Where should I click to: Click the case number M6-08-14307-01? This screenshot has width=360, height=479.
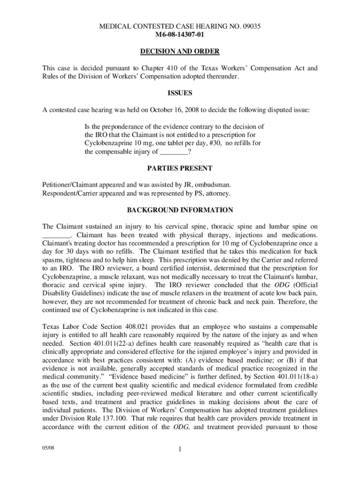click(180, 35)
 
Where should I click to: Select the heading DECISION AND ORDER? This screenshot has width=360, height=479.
click(180, 51)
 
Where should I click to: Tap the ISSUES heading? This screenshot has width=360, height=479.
click(180, 93)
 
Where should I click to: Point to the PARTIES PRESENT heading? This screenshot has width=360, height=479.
click(180, 168)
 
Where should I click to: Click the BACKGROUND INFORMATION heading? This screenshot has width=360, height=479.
click(180, 210)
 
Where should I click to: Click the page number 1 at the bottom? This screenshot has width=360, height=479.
click(180, 450)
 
